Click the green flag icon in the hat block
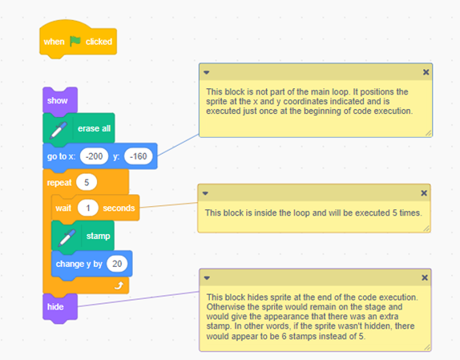(x=75, y=41)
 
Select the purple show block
(x=60, y=100)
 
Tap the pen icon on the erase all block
(x=59, y=129)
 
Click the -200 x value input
(x=95, y=156)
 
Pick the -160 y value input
(x=138, y=156)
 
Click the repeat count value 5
(x=87, y=182)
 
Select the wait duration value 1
(x=87, y=208)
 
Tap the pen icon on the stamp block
(x=67, y=237)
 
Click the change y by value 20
(x=117, y=264)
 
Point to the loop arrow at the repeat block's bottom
(x=119, y=285)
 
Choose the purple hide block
(x=60, y=307)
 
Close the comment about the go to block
(x=426, y=72)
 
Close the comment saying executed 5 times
(x=424, y=193)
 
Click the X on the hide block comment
(x=425, y=277)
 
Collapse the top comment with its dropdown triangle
(x=207, y=72)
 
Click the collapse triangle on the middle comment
(x=205, y=193)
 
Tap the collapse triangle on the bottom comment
(x=207, y=278)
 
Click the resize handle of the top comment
(x=428, y=133)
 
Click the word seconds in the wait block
(x=119, y=208)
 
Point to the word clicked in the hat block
(x=99, y=42)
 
